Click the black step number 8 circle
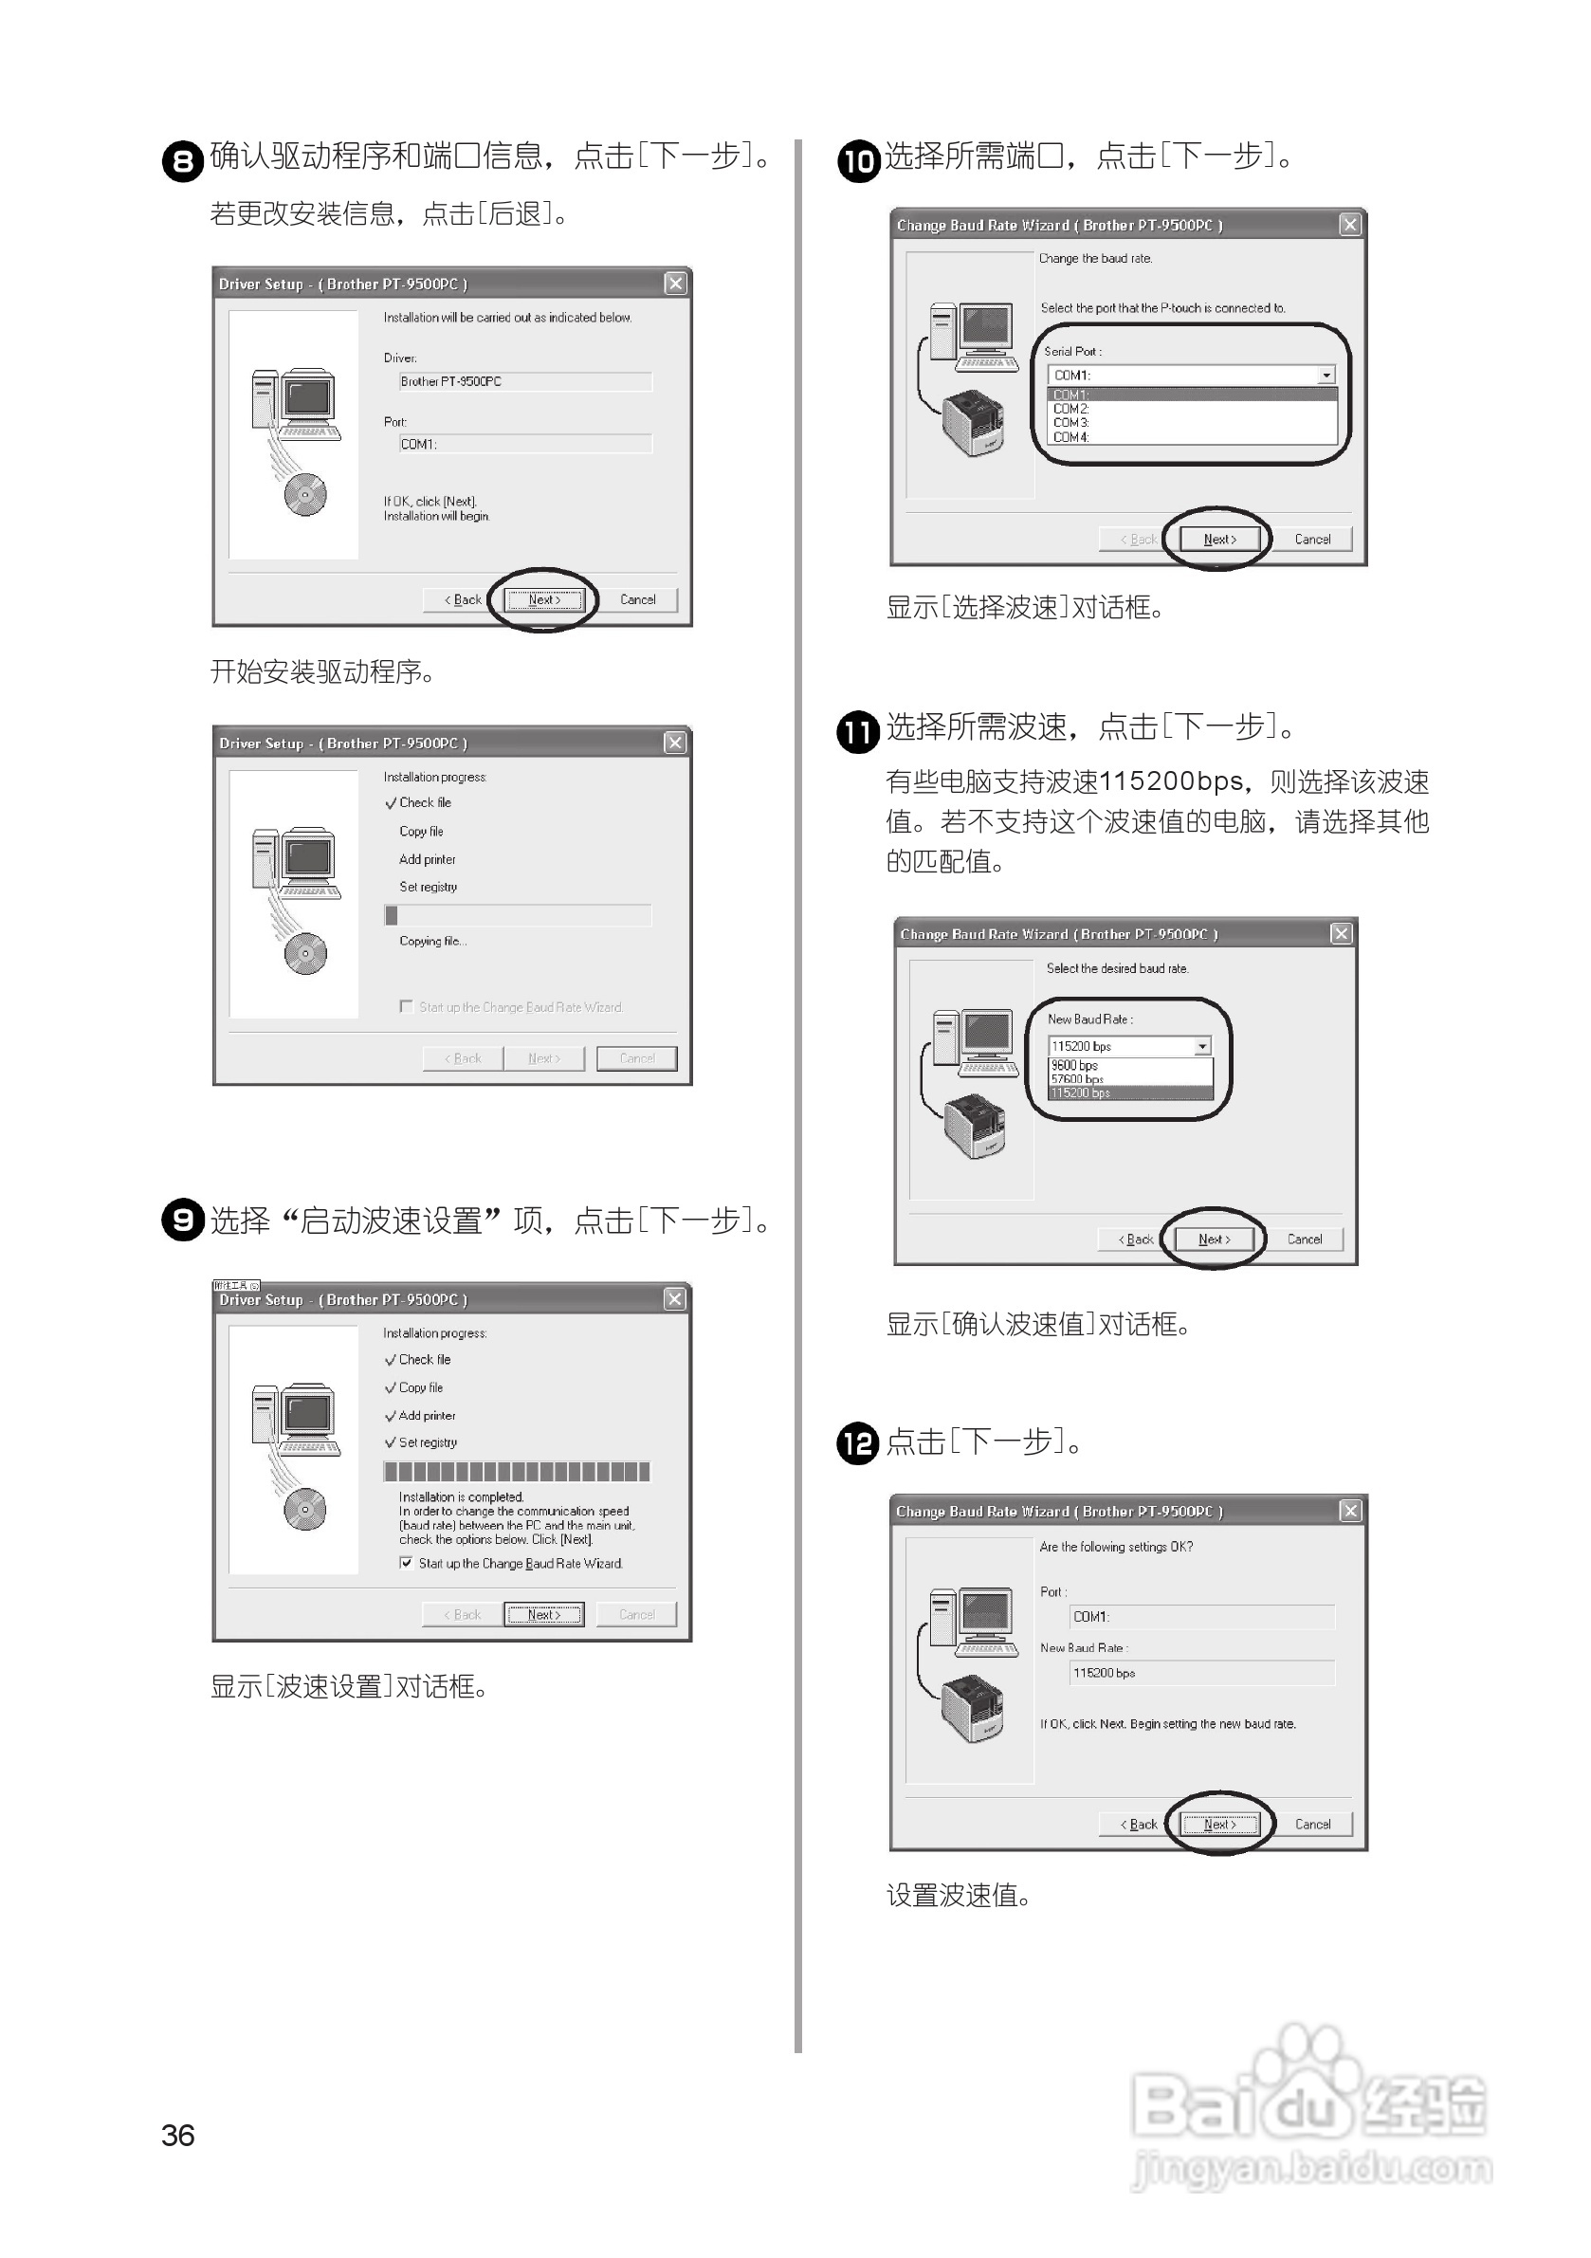pos(182,160)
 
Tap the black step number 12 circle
pos(856,1443)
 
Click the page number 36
pos(178,2135)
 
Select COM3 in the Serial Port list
pos(1070,423)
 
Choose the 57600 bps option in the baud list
pos(1077,1079)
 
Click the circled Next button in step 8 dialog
pos(544,600)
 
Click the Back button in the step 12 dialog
pos(1139,1825)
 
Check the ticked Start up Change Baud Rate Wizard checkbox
pos(406,1563)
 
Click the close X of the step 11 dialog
pos(1342,933)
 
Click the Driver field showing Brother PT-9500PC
pos(524,381)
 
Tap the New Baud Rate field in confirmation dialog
pos(1200,1673)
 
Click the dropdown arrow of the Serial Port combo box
pos(1326,375)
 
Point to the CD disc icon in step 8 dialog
pos(304,494)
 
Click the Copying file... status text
pos(432,941)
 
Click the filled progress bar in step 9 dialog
pos(516,1471)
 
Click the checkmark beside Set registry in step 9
pos(391,1442)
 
